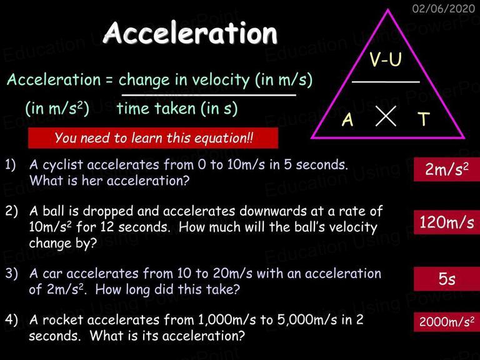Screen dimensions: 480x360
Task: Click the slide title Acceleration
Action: point(190,32)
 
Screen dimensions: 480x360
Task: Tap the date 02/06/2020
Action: point(444,9)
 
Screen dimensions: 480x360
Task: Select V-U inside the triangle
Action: point(386,59)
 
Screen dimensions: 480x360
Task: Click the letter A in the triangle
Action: point(347,119)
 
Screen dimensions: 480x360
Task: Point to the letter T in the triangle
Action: point(424,119)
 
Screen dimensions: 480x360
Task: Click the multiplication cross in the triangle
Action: point(386,116)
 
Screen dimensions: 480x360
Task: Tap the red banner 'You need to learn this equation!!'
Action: point(153,138)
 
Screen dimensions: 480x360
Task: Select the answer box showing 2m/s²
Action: point(447,169)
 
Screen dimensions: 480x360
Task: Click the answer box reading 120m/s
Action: point(447,222)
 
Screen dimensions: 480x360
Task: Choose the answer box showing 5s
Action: point(447,279)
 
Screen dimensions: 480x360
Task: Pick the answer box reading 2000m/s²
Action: point(447,322)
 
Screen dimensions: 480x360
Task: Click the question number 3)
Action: point(11,273)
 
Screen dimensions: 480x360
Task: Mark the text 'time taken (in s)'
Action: point(177,109)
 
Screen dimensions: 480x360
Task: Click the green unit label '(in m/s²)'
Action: point(57,108)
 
